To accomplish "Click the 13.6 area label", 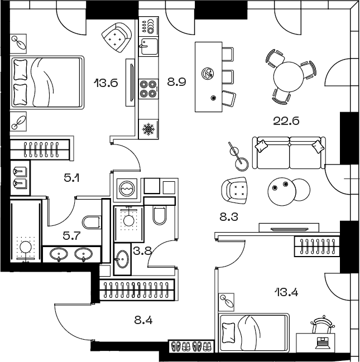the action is [x=106, y=83].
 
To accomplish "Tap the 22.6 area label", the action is [x=286, y=120].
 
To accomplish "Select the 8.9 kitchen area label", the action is [x=176, y=82].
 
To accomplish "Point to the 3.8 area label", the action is [x=142, y=250].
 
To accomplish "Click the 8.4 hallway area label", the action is [x=143, y=320].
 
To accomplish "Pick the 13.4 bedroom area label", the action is [x=286, y=292].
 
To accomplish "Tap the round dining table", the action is [x=288, y=77].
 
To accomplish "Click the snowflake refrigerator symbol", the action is [x=148, y=129].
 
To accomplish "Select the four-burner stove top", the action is [x=148, y=89].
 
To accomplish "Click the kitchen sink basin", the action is [x=149, y=46].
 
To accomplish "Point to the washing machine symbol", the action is [x=126, y=189].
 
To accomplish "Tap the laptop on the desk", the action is [x=323, y=343].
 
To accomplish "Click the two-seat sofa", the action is [x=289, y=153].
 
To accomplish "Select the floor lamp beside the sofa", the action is [x=239, y=157].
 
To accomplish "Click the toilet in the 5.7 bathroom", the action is [x=92, y=222].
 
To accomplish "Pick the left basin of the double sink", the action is [x=59, y=254].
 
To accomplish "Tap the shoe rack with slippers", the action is [x=191, y=346].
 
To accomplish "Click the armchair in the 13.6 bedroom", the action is [x=117, y=37].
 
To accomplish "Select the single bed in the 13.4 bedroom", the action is [x=254, y=332].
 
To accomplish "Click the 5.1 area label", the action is [x=72, y=178].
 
